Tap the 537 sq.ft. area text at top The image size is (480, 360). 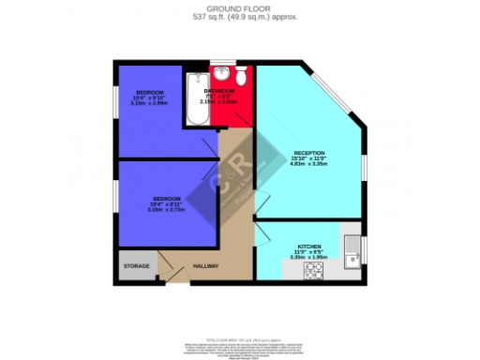point(239,18)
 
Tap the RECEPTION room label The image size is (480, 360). point(308,153)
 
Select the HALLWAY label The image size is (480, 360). point(205,266)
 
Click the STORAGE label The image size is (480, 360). point(137,266)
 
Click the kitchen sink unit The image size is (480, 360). point(352,247)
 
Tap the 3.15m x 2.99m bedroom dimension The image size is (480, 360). point(150,103)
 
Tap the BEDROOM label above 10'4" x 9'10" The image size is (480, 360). point(150,92)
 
